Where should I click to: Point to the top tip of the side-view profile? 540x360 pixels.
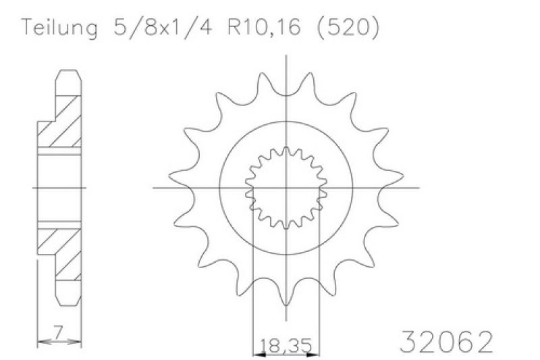click(67, 70)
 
